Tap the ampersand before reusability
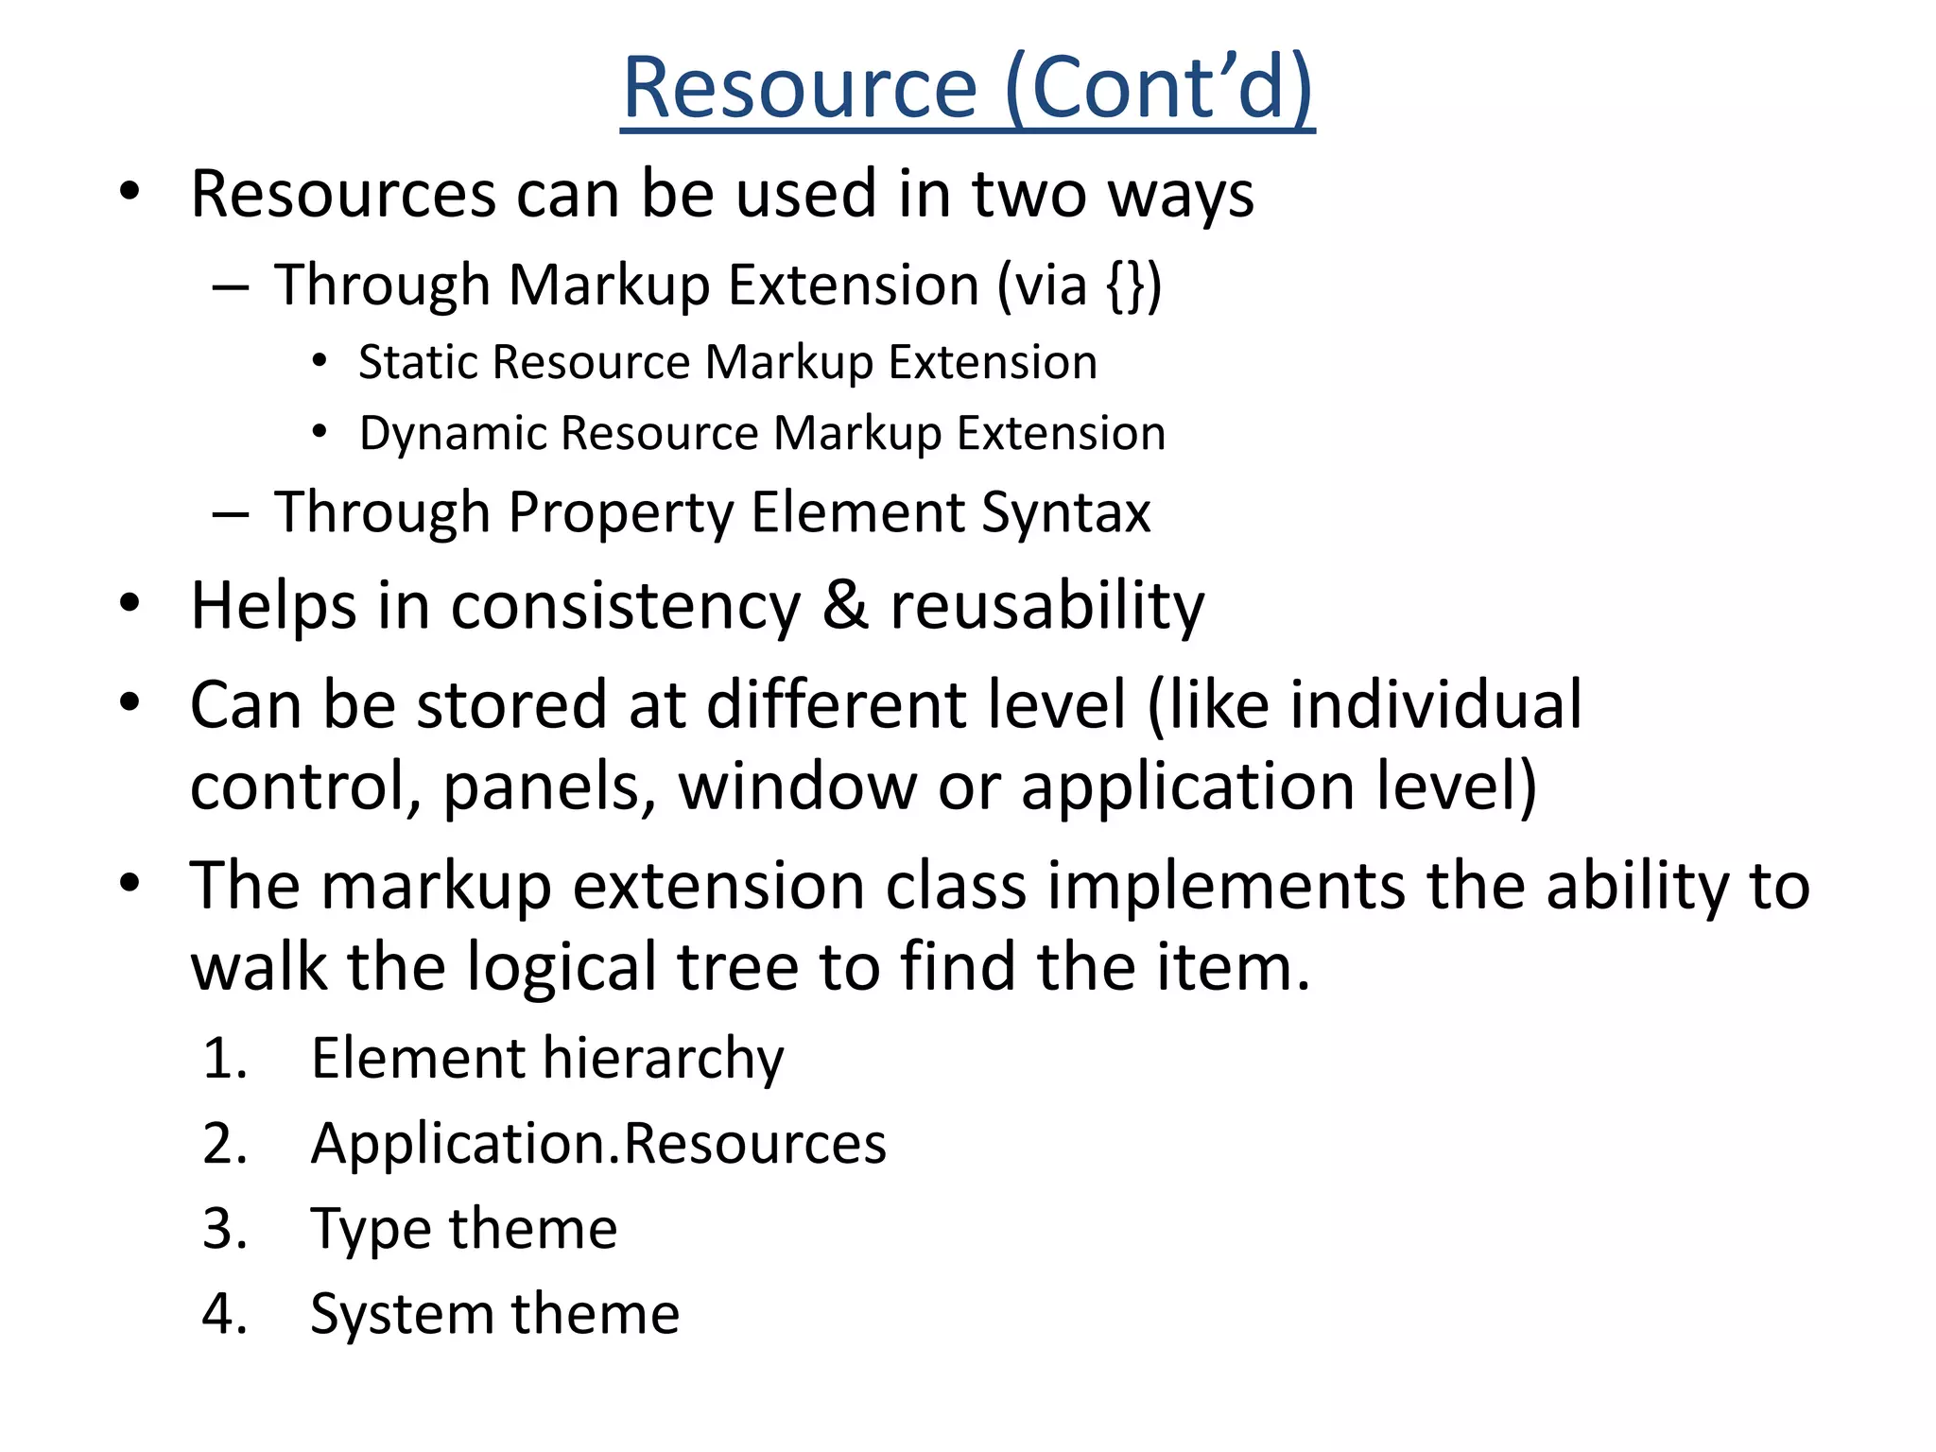tap(844, 605)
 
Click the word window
tap(797, 786)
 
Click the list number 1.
tap(225, 1058)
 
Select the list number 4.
tap(225, 1314)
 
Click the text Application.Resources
tap(598, 1144)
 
